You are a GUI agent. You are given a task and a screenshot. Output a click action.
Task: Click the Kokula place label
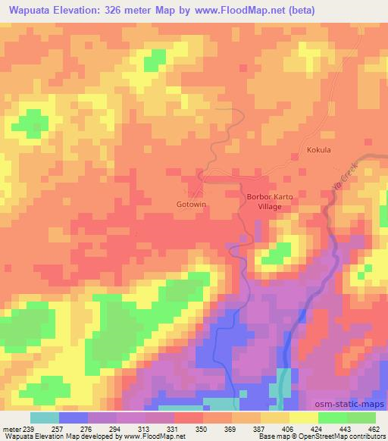(x=318, y=150)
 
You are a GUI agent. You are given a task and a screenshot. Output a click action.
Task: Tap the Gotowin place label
(x=192, y=205)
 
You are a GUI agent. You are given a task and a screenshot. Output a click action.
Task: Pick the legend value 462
(x=374, y=428)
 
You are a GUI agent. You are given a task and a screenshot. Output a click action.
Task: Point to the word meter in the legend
(x=12, y=428)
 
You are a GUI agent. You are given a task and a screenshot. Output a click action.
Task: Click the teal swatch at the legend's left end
(x=45, y=417)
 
